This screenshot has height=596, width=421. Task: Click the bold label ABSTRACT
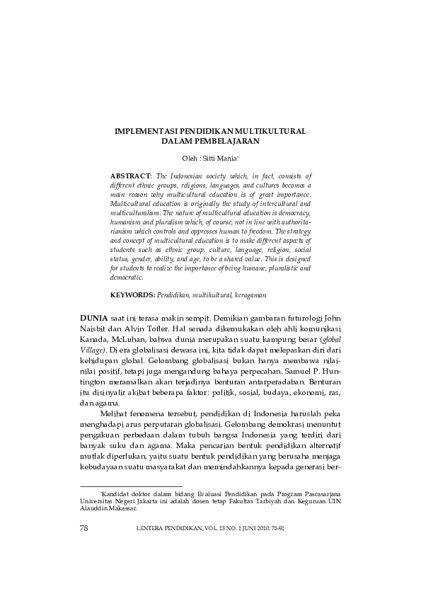point(131,174)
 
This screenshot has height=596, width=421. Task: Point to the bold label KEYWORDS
point(132,293)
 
